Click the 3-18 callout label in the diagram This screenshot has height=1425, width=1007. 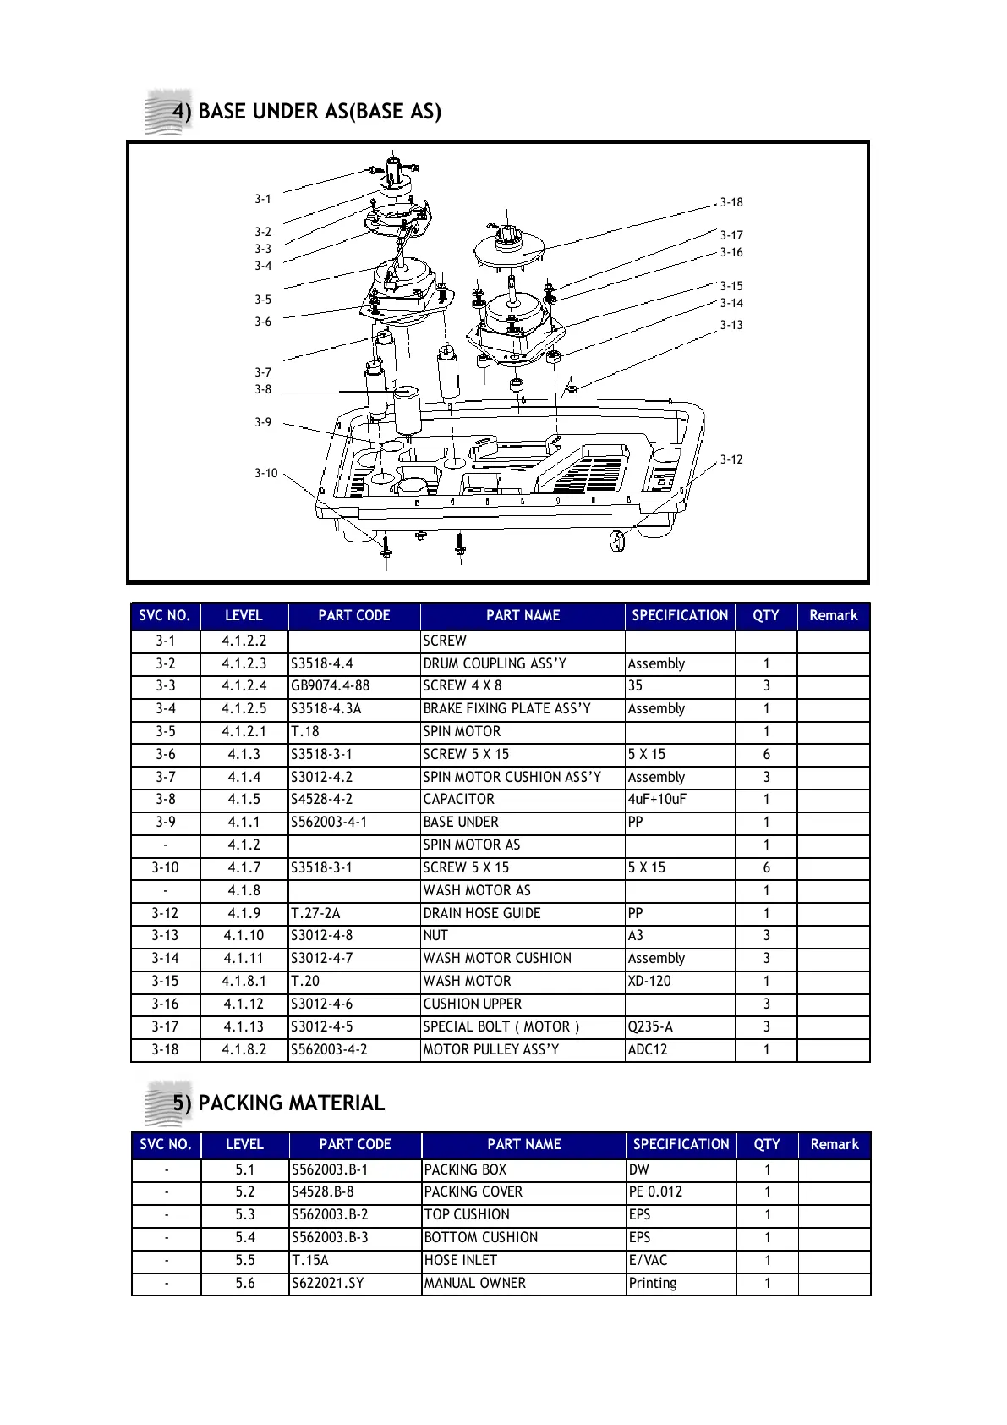coord(731,202)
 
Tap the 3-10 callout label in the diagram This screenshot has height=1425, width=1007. coord(266,473)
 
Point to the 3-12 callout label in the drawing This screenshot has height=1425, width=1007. coord(731,459)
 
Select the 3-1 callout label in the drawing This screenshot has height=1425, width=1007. coord(263,199)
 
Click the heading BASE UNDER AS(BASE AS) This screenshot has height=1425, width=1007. coord(319,112)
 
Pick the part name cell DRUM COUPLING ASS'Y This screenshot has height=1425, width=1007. coord(495,663)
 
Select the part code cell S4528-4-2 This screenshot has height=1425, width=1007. coord(322,799)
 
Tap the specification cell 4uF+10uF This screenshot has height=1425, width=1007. coord(657,799)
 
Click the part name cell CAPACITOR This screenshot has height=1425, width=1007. coord(459,799)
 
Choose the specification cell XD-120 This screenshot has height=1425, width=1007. coord(649,981)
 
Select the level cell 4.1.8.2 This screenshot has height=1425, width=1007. coord(244,1049)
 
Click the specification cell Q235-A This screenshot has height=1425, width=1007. coord(650,1026)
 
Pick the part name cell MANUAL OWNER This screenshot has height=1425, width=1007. coord(475,1283)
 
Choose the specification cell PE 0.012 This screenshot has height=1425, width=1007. coord(655,1191)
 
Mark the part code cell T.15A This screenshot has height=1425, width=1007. coord(310,1260)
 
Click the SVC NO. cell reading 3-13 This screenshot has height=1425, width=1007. coord(166,935)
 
